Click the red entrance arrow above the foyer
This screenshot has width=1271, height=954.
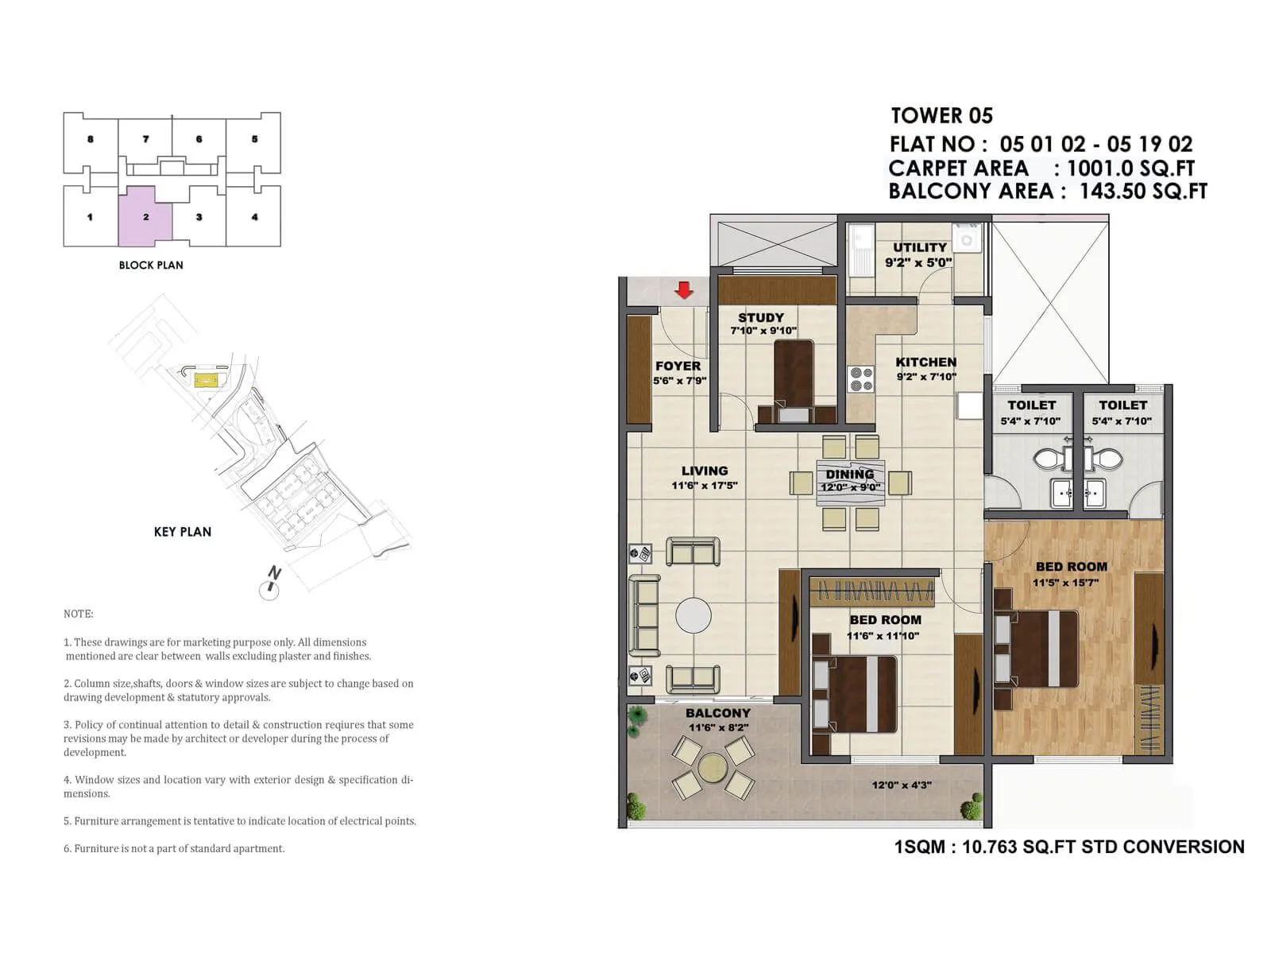click(684, 290)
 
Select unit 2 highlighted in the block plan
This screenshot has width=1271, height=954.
click(145, 216)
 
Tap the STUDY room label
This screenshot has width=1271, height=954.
click(760, 317)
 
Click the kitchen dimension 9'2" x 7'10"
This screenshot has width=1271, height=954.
click(926, 377)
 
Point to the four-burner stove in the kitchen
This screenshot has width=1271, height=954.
click(860, 379)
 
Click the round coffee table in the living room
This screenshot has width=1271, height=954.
click(693, 615)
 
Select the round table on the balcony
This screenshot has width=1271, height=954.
click(713, 767)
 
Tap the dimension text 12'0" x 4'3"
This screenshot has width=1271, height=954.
click(902, 785)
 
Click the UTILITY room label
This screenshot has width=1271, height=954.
click(920, 247)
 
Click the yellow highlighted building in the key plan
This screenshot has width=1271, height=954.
click(206, 380)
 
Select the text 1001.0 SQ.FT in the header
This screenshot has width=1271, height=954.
click(1130, 169)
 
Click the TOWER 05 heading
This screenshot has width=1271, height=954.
click(941, 116)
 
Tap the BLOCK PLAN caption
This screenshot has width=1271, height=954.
click(151, 265)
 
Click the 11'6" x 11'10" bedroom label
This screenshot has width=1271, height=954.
click(883, 635)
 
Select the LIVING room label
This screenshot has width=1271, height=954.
click(704, 471)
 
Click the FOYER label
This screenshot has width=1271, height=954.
click(678, 366)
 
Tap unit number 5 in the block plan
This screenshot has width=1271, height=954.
click(254, 139)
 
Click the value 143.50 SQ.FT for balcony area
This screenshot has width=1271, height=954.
click(1143, 192)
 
